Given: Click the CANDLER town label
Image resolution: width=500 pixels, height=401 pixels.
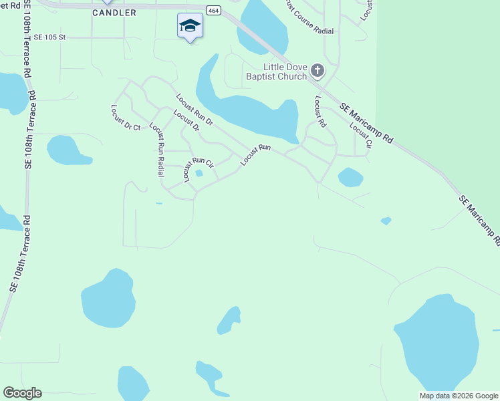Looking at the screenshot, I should point(114,13).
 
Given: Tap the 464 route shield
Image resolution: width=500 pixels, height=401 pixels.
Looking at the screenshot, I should point(213,11).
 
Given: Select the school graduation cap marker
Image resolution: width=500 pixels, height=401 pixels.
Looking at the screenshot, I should point(190,26).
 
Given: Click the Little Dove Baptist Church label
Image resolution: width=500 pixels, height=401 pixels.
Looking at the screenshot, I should point(285,72).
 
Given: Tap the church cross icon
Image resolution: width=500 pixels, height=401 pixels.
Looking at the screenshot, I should point(318,70).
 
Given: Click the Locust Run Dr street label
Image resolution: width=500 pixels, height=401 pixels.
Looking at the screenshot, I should point(195,110).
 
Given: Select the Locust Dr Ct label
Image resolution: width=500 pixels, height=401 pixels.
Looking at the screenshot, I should point(126,118).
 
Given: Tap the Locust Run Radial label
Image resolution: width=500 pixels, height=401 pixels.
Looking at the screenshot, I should point(158,149).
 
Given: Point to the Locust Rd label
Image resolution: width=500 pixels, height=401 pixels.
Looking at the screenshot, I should point(320,112).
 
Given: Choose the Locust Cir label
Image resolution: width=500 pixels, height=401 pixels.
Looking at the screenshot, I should point(360,135).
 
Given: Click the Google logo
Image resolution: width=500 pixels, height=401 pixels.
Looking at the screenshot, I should point(22,393).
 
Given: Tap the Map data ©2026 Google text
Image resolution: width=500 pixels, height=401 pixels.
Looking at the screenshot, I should point(459,396).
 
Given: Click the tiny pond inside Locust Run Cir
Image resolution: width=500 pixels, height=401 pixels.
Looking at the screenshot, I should point(199,174).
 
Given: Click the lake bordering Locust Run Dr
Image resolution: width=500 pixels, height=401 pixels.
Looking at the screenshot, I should point(254,114).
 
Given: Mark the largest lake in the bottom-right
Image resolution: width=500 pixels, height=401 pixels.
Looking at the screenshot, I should point(438,344).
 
